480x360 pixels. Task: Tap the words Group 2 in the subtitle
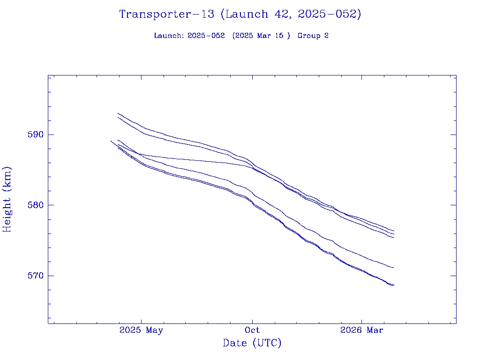tap(313, 36)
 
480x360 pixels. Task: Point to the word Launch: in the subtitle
tap(169, 36)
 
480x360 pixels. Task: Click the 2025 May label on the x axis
tap(141, 330)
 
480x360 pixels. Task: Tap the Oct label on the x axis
tap(252, 330)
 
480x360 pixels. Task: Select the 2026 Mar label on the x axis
tap(361, 330)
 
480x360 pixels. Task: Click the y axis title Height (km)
tap(7, 199)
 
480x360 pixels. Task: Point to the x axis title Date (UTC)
tap(252, 344)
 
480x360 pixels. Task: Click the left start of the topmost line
tap(118, 113)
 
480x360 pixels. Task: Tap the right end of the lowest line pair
tap(394, 285)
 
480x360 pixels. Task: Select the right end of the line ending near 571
tap(394, 268)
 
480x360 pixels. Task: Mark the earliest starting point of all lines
tap(111, 141)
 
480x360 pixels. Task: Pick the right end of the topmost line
tap(394, 231)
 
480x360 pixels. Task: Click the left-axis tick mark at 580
tap(50, 205)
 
